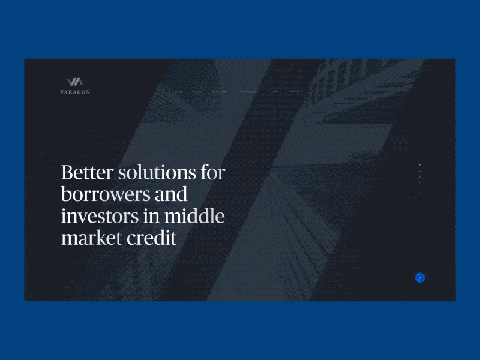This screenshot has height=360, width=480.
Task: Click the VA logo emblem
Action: [x=75, y=82]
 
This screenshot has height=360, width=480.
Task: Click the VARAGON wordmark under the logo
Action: [x=75, y=92]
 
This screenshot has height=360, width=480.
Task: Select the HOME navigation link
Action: [x=178, y=92]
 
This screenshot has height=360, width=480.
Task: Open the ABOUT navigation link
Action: [x=197, y=92]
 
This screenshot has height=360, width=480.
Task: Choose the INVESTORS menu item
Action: [x=220, y=92]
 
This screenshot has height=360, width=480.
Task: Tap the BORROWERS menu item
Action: [x=248, y=92]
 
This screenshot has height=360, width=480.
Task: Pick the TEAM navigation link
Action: [x=274, y=92]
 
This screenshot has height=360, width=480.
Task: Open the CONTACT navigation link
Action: [x=295, y=92]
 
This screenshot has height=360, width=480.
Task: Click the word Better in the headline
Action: [x=88, y=173]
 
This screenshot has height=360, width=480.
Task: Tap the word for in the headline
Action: [x=212, y=173]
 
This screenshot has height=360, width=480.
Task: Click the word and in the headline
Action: [x=171, y=195]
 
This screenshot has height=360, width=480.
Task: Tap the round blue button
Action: [x=420, y=277]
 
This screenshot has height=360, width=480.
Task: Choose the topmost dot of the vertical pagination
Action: [x=420, y=164]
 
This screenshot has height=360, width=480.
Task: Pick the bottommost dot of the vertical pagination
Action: [x=420, y=193]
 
